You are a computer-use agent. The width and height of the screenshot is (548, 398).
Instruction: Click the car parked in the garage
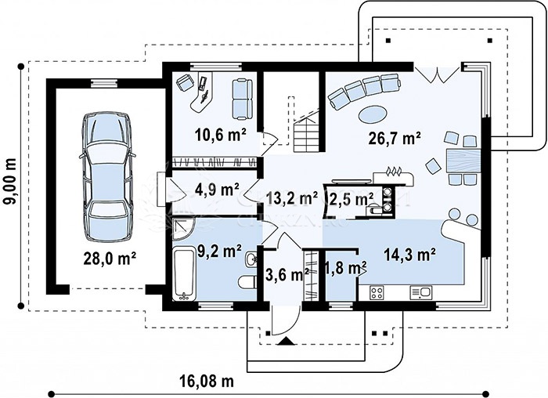[106, 176]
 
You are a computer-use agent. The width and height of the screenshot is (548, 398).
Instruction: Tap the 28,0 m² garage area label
[110, 259]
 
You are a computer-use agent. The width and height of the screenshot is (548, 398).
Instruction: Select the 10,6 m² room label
[221, 136]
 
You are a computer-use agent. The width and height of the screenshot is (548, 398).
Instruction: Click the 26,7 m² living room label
[395, 138]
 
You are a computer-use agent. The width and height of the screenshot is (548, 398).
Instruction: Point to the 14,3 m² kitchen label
[409, 255]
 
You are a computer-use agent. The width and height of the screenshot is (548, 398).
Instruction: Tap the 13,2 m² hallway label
[292, 198]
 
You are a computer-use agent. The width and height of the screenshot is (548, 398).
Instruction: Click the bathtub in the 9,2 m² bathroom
[184, 273]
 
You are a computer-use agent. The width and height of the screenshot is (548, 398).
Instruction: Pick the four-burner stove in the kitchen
[377, 292]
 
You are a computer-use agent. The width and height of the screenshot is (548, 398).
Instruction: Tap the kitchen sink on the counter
[421, 292]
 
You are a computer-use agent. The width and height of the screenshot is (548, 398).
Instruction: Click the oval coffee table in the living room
[372, 114]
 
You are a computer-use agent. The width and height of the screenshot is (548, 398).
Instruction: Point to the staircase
[307, 130]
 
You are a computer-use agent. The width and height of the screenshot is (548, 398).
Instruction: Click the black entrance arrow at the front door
[287, 341]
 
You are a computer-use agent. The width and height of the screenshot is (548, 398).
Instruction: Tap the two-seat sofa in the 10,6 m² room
[242, 99]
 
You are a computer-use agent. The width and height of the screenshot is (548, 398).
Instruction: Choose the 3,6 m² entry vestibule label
[287, 274]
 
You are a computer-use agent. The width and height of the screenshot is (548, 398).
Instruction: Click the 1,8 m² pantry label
[345, 268]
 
